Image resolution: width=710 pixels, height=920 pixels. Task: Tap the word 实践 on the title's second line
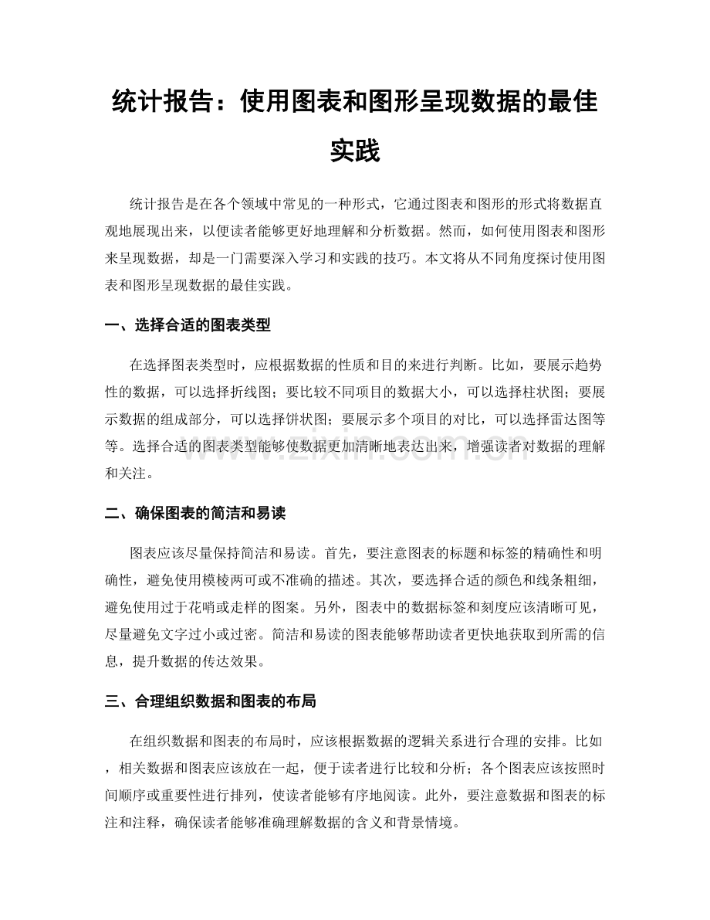point(355,151)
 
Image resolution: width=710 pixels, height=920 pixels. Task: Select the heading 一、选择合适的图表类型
point(188,325)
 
